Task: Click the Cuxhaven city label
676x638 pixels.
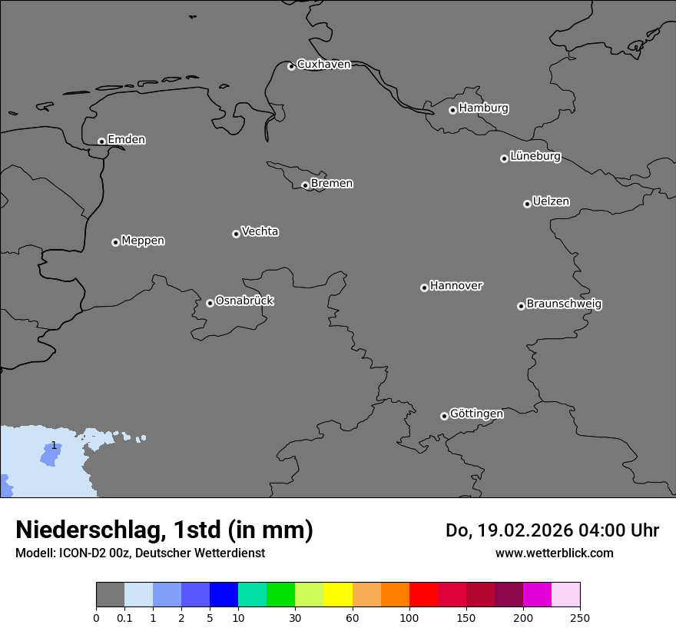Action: (323, 65)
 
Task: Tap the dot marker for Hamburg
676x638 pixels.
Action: (452, 110)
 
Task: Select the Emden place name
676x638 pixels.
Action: (126, 140)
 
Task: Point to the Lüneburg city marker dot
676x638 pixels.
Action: (504, 158)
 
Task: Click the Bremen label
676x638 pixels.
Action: (332, 184)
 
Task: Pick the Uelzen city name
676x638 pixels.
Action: (551, 202)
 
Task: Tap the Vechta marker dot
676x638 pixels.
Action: (236, 234)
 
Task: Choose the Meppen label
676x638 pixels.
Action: (143, 241)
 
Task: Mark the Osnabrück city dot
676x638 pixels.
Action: (210, 303)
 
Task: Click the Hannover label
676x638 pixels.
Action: (456, 286)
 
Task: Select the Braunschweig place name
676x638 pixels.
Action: (564, 304)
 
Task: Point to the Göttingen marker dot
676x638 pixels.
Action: (444, 416)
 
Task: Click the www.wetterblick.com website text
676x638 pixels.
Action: (554, 553)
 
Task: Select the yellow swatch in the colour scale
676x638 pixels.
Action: (338, 595)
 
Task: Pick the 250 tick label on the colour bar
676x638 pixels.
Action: (580, 616)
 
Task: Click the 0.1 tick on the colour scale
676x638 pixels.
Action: (124, 616)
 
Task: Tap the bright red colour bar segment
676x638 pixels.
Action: (423, 595)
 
